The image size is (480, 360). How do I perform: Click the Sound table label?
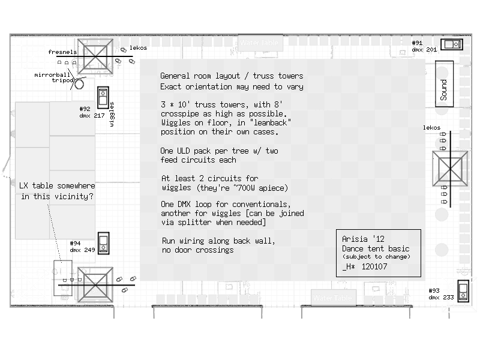pyautogui.click(x=443, y=89)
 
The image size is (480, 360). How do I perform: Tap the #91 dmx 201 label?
pyautogui.click(x=424, y=46)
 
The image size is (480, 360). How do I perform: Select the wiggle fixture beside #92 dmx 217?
pyautogui.click(x=103, y=97)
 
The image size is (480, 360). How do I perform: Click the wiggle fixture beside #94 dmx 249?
pyautogui.click(x=103, y=243)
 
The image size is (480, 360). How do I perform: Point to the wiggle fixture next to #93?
pyautogui.click(x=463, y=291)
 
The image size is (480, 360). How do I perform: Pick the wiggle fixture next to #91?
pyautogui.click(x=452, y=44)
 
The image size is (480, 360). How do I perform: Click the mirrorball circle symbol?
pyautogui.click(x=79, y=84)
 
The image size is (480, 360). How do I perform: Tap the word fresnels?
pyautogui.click(x=62, y=52)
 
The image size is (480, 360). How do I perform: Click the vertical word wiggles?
pyautogui.click(x=112, y=114)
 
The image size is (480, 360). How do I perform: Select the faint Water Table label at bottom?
pyautogui.click(x=332, y=298)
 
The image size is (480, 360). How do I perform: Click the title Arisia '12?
pyautogui.click(x=363, y=239)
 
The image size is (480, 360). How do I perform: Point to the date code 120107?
pyautogui.click(x=374, y=266)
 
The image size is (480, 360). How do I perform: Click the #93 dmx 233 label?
pyautogui.click(x=441, y=294)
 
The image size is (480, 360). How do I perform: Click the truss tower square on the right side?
pyautogui.click(x=450, y=169)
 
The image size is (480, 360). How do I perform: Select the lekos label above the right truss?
pyautogui.click(x=431, y=128)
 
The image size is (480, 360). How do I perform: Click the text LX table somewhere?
pyautogui.click(x=57, y=186)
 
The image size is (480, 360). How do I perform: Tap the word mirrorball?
pyautogui.click(x=52, y=74)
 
